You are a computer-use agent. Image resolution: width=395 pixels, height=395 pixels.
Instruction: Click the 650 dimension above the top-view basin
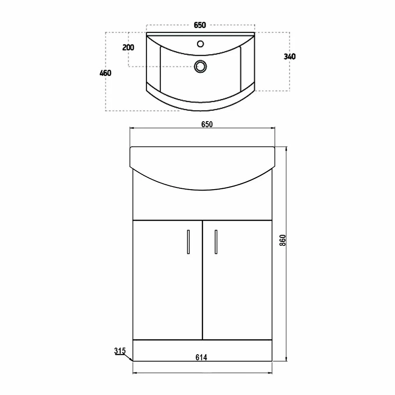coord(200,25)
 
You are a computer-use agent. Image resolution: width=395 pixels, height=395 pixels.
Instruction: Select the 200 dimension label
coord(128,47)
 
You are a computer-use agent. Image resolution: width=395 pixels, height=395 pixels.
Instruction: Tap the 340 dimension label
coord(290,57)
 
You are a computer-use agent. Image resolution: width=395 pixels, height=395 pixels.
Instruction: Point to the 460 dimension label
coord(105,73)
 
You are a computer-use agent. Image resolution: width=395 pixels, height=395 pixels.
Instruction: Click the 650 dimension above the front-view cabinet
coord(207,124)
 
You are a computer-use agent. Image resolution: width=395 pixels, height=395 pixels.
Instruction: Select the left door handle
coord(188,241)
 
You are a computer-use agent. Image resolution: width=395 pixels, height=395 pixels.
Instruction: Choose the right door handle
coord(216,241)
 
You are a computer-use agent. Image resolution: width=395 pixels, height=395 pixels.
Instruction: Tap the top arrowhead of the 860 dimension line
coord(287,148)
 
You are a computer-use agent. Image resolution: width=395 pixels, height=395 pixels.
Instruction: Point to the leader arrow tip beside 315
coord(132,360)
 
